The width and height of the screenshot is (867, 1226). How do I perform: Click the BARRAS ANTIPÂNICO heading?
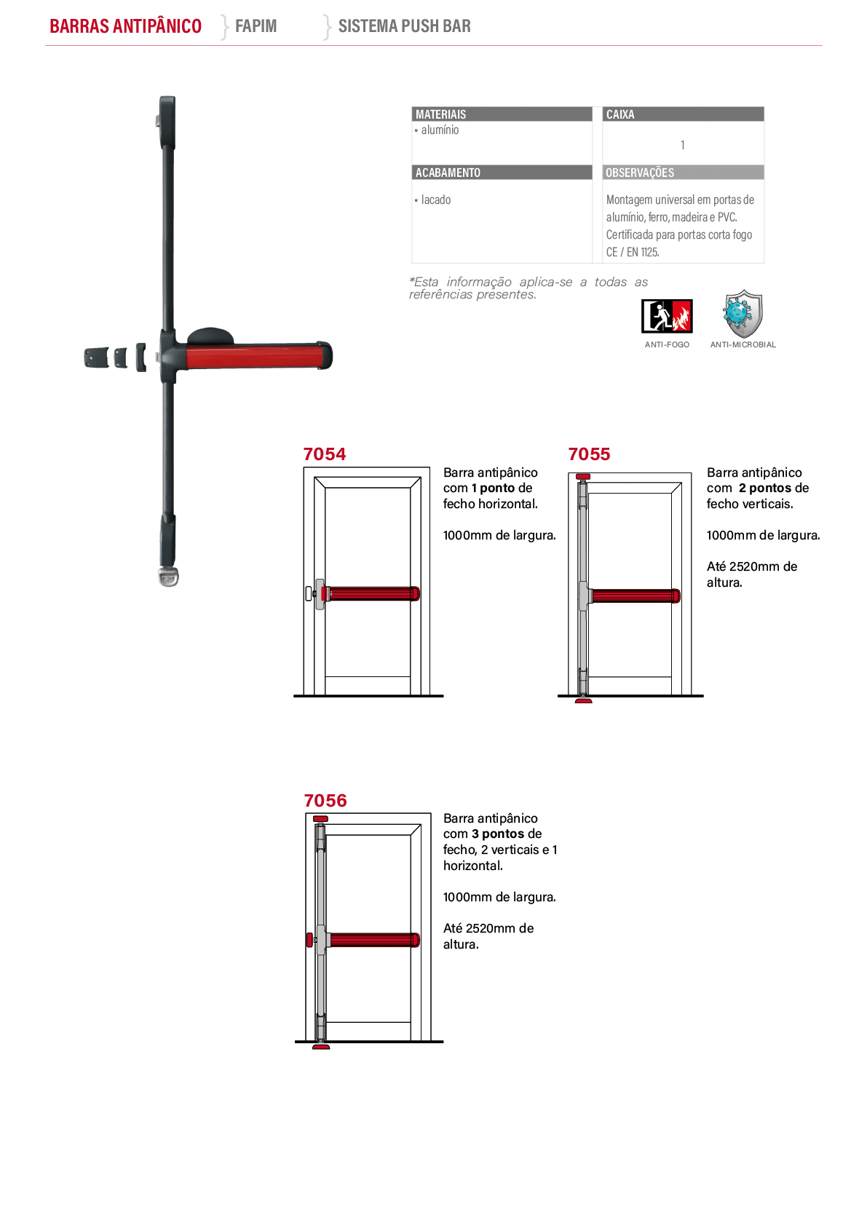[x=125, y=25]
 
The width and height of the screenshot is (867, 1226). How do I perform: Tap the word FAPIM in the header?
[x=256, y=25]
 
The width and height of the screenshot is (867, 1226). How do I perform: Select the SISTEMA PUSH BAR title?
[x=405, y=25]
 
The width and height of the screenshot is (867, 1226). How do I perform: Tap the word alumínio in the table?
[x=440, y=130]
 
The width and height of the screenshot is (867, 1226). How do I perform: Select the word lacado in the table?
[x=436, y=199]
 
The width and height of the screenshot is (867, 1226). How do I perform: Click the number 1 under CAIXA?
[x=683, y=145]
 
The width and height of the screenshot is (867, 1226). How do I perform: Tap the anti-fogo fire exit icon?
[x=667, y=316]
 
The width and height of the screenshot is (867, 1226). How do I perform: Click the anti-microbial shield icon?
[x=743, y=314]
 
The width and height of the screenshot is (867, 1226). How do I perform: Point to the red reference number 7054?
[x=325, y=454]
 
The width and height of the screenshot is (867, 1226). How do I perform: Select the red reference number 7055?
[x=589, y=454]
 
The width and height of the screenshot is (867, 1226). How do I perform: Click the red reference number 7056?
[x=325, y=800]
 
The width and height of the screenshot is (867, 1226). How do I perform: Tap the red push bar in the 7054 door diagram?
[x=372, y=593]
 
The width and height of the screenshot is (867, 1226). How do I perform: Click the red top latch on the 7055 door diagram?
[x=583, y=477]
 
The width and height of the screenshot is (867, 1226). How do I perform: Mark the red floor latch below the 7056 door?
[x=321, y=1047]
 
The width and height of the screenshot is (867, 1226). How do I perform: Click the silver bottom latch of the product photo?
[x=169, y=577]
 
